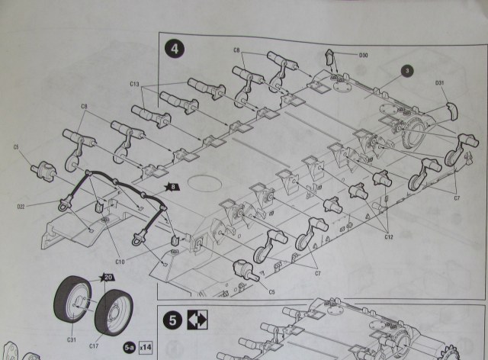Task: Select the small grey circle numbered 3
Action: click(407, 71)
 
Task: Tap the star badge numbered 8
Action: click(172, 185)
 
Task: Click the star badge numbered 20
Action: click(108, 278)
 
